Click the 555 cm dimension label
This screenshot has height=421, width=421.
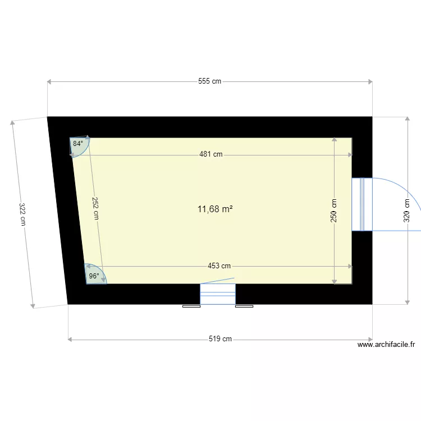pos(209,81)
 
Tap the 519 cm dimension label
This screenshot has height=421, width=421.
pos(220,339)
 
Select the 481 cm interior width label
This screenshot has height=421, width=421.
pos(210,154)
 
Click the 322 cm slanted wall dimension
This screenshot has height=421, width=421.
pos(22,214)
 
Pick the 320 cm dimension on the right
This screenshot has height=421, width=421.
pos(407,211)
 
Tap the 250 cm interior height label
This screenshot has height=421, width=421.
pos(334,211)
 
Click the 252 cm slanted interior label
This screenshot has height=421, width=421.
pos(95,207)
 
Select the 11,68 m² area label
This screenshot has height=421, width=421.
pos(215,209)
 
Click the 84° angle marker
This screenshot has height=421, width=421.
pos(77,144)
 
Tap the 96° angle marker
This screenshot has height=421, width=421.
pos(94,276)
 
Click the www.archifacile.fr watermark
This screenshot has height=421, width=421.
pos(386,346)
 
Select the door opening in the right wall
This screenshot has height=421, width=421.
pos(362,204)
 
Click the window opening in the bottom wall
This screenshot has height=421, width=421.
pos(218,294)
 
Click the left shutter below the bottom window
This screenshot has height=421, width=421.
pos(191,306)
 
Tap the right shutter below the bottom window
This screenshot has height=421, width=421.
pos(244,306)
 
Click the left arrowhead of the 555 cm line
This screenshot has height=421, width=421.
pos(50,82)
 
